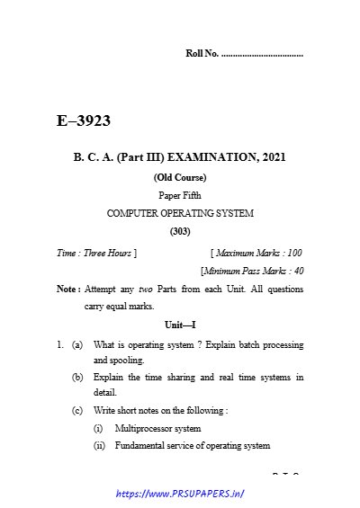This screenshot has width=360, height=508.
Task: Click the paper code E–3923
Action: point(84,120)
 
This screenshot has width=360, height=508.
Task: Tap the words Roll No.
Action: point(201,55)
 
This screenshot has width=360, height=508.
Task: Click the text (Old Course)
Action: point(180,177)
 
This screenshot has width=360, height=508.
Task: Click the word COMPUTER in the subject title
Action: point(132,213)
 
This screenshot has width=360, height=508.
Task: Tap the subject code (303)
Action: point(180,232)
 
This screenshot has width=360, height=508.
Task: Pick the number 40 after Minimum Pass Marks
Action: point(298,271)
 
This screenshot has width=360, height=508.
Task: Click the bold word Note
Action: point(67,290)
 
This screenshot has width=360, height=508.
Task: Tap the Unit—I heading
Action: point(180,324)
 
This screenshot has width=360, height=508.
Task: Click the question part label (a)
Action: point(78,344)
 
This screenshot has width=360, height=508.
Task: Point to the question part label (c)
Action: point(78,410)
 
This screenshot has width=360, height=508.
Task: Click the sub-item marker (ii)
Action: point(99,445)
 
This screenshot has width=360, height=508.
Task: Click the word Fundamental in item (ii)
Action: point(140,445)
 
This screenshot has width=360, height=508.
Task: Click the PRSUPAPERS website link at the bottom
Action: point(181,494)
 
